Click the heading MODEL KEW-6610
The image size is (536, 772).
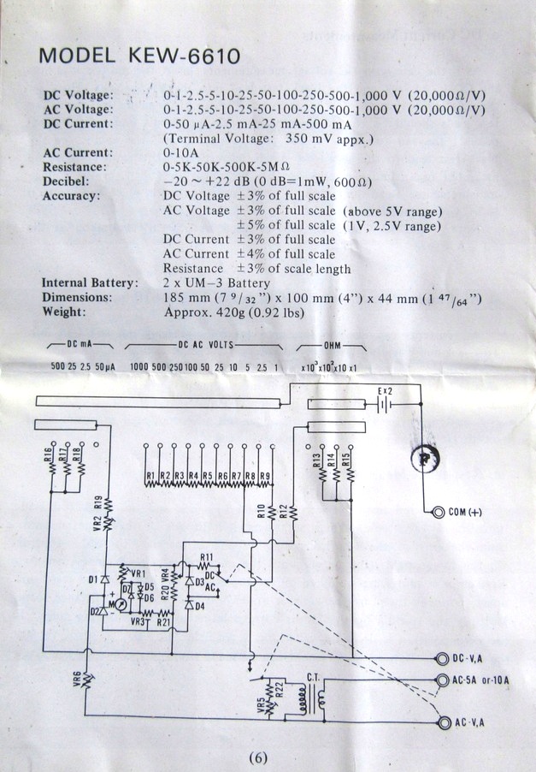point(139,57)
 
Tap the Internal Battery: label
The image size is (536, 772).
point(89,282)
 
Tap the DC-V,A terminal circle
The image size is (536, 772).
point(442,658)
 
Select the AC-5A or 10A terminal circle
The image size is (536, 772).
point(442,681)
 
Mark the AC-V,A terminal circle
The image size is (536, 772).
point(442,723)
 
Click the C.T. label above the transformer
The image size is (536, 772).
point(314,676)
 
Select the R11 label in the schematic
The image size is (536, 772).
point(206,557)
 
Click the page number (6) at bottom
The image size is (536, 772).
point(260,757)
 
